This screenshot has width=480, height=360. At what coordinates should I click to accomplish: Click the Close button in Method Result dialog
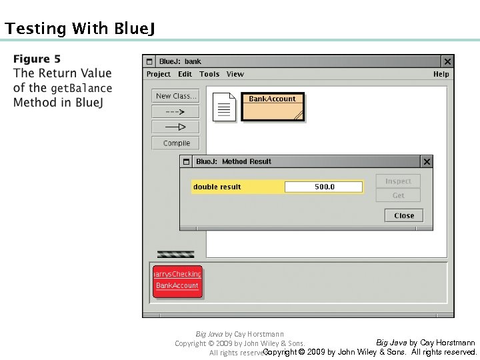(404, 215)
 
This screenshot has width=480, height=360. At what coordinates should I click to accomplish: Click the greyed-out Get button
(398, 195)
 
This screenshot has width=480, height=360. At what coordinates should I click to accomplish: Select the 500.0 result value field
(324, 187)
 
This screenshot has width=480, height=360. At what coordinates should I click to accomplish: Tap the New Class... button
(176, 96)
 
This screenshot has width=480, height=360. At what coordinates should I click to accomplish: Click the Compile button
(176, 143)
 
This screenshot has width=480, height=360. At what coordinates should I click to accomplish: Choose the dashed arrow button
(176, 111)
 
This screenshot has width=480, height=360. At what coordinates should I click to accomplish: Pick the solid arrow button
(176, 127)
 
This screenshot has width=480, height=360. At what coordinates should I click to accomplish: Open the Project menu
(159, 74)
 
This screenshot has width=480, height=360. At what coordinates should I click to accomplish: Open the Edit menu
(185, 74)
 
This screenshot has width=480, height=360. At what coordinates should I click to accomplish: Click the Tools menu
(209, 74)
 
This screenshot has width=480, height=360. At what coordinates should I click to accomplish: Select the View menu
(235, 74)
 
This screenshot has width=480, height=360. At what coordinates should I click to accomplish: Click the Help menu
(441, 74)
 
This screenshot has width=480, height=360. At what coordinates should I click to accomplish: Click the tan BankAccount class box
(272, 107)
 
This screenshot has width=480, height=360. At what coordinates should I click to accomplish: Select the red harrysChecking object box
(177, 280)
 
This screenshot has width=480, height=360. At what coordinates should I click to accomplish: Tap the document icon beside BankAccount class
(225, 107)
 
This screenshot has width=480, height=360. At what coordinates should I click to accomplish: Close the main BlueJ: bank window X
(447, 61)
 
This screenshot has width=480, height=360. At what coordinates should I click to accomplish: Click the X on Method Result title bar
(427, 161)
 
